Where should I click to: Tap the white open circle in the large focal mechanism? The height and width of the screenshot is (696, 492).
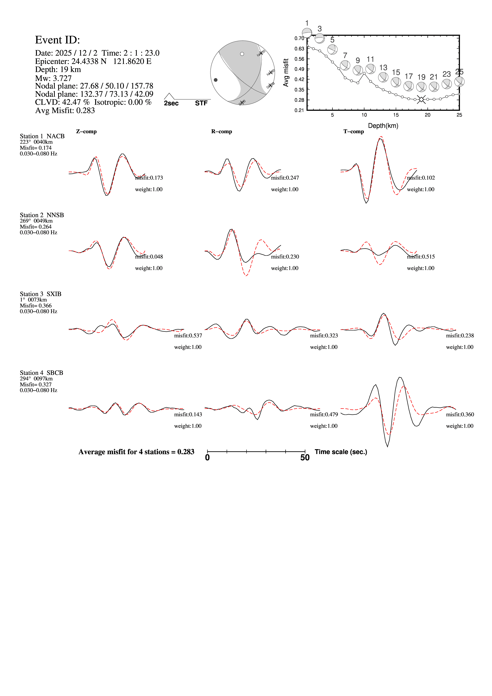click(242, 54)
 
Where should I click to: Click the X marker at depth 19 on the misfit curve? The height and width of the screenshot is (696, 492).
click(421, 99)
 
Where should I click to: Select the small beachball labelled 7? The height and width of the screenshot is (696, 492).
click(345, 65)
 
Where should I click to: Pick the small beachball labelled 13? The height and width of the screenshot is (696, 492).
click(383, 77)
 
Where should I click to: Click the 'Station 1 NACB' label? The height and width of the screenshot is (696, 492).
click(42, 136)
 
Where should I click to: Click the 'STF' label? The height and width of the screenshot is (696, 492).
click(201, 103)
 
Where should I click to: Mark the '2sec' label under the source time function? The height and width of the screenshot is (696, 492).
click(171, 103)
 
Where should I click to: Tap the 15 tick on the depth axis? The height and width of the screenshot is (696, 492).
click(396, 115)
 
